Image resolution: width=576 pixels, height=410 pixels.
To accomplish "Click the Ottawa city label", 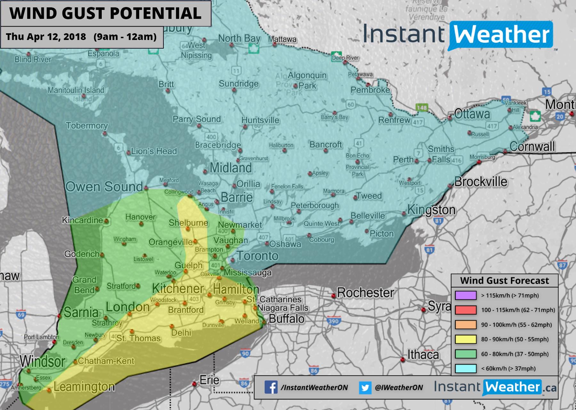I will [x=472, y=114].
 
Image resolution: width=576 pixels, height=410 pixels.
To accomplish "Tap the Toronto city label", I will [x=257, y=256].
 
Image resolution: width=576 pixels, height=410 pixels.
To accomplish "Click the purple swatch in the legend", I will [x=466, y=295].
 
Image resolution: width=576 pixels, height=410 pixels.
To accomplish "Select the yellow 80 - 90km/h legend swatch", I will [x=466, y=339].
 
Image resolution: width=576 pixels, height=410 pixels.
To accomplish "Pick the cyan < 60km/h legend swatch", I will [x=466, y=368].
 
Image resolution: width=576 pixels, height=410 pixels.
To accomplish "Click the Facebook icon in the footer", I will [x=271, y=388].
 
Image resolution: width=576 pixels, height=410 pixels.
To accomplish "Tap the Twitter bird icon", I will [x=364, y=388].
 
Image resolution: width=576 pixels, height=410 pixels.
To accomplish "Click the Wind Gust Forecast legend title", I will [x=504, y=281].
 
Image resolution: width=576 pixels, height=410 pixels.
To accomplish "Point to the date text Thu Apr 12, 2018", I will [x=46, y=37].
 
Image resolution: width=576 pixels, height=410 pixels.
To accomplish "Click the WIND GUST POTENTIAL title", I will [x=105, y=13].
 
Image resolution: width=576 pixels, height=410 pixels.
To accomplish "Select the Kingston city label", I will [x=431, y=210].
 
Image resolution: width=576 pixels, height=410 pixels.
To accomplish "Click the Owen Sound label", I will [x=104, y=187].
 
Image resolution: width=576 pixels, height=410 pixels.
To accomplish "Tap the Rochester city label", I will [x=365, y=292].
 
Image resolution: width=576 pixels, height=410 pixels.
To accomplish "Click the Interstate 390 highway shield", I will [x=333, y=321].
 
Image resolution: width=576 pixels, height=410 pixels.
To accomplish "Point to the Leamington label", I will [x=84, y=387].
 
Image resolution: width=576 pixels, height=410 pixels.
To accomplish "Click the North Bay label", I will [x=239, y=38].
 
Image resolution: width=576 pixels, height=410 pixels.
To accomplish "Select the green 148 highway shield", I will [x=421, y=107].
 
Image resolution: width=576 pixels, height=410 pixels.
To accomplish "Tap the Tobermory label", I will [x=87, y=126].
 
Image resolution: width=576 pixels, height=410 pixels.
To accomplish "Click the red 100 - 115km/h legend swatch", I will [x=466, y=310].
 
